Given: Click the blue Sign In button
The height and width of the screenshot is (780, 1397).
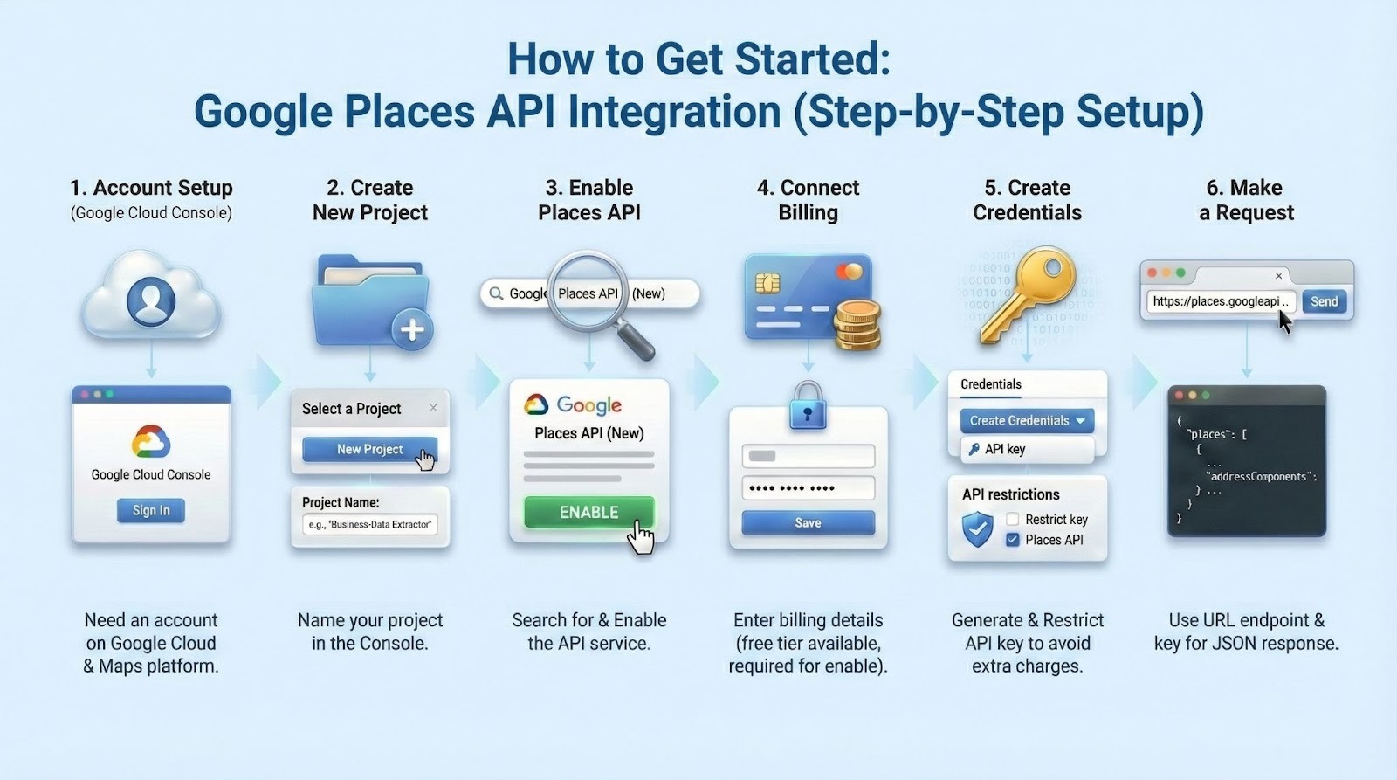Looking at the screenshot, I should [x=151, y=510].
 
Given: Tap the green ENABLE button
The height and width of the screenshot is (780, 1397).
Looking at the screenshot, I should [x=588, y=512].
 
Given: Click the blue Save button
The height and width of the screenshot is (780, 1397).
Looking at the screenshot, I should [x=808, y=522].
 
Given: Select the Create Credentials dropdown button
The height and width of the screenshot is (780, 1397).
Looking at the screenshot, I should [x=1027, y=420].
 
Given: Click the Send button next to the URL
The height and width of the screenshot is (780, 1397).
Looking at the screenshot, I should [x=1324, y=301].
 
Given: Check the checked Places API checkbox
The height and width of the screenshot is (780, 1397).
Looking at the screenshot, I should [x=1013, y=540].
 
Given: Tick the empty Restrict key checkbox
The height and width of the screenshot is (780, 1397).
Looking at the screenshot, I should [x=1013, y=519].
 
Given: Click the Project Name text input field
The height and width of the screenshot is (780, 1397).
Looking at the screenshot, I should [x=370, y=524].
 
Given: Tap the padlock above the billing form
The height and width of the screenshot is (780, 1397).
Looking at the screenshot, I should [x=808, y=405].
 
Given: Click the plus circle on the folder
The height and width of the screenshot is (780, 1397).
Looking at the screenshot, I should [x=411, y=329].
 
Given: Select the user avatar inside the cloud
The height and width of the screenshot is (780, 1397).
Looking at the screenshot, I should [x=151, y=300].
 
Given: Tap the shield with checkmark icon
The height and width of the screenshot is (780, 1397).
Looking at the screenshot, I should [x=977, y=528].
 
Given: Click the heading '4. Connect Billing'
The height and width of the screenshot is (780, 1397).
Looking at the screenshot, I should [x=808, y=200].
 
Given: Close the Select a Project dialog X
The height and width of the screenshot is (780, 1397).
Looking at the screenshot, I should [x=433, y=408].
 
